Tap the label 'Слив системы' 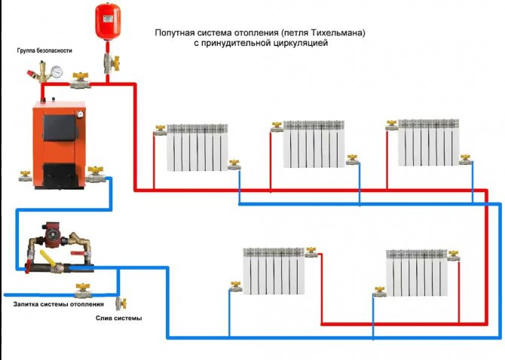click(x=119, y=319)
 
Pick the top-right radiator click(x=428, y=142)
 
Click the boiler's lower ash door click(x=58, y=171)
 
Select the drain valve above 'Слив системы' click(x=119, y=303)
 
